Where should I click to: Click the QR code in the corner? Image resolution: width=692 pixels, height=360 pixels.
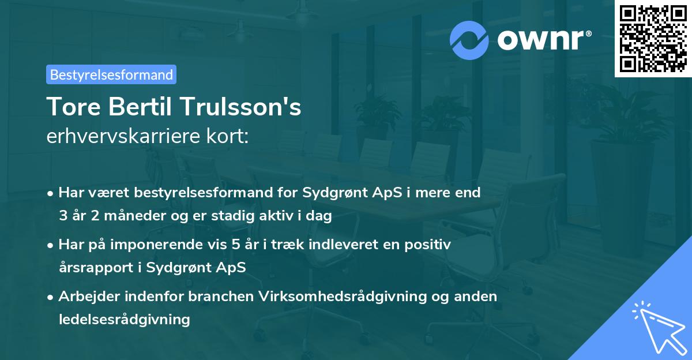653,38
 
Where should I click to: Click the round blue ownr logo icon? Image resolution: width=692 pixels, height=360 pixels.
469,40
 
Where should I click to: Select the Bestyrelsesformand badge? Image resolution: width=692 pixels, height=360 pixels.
111,74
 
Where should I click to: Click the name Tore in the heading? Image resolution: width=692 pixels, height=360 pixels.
71,107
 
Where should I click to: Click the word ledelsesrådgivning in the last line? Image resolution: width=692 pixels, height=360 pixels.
124,319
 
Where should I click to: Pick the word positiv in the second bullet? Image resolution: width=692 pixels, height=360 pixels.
429,245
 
